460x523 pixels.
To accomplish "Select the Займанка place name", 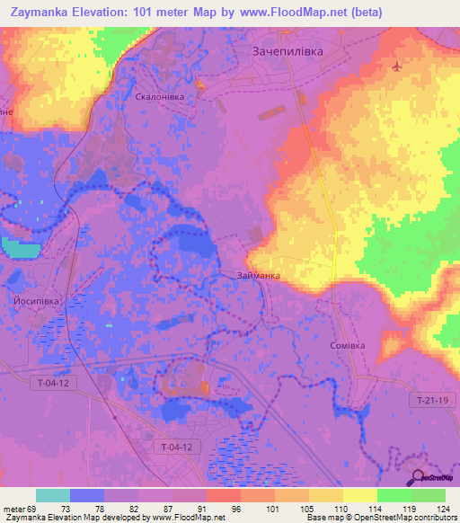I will pos(259,275).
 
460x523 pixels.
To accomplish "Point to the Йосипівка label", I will pos(36,302).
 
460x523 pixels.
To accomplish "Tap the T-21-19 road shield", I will pos(433,399).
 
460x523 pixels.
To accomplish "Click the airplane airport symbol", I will pos(397,66).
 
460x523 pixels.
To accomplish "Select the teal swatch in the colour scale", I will pos(52,495).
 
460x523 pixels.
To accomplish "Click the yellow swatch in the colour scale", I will pos(359,495).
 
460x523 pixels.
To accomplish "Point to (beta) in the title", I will pos(365,13).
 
